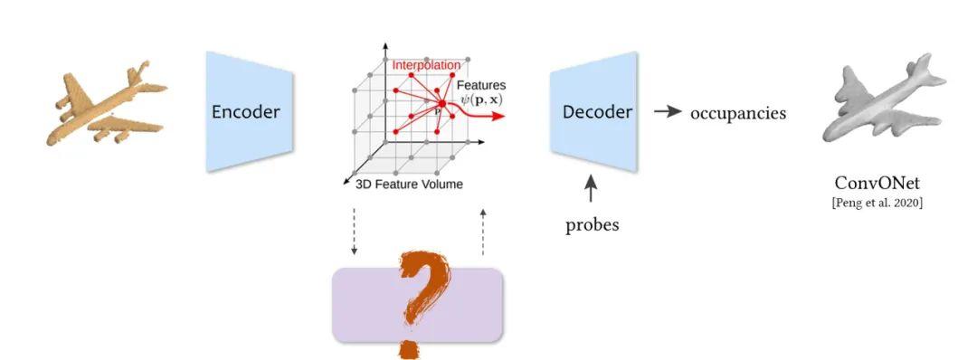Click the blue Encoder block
pos(245,112)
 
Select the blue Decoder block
pos(596,112)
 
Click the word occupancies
pos(738,113)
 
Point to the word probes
pos(592,225)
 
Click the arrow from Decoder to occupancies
pos(668,111)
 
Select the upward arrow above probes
pos(592,191)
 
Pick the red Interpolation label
pos(425,65)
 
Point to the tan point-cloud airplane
pos(104,107)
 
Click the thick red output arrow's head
pos(499,117)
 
